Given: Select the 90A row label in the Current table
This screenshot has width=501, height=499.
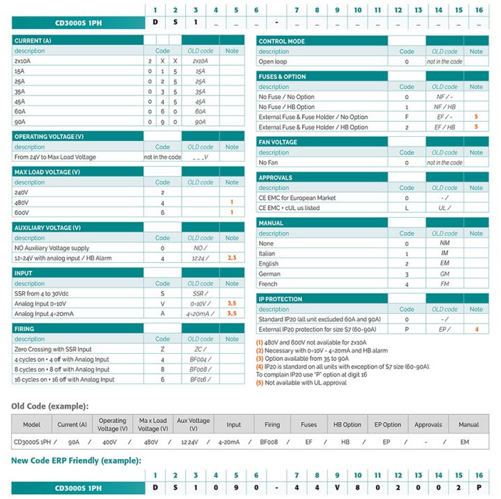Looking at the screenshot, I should (20, 122).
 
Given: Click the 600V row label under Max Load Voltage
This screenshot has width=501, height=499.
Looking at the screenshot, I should (22, 213).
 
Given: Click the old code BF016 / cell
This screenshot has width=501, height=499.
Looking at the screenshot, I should (200, 379).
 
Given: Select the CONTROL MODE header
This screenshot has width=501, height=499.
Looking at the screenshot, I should (281, 41).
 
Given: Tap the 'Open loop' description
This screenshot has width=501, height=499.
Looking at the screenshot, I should (273, 62).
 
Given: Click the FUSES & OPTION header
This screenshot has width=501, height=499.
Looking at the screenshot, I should (282, 77).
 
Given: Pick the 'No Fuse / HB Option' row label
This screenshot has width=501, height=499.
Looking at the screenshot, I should (287, 107).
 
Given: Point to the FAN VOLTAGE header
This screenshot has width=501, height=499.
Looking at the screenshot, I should (278, 142).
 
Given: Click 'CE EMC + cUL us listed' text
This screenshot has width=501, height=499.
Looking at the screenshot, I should (289, 208).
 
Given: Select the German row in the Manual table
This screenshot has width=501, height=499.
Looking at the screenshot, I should (270, 274).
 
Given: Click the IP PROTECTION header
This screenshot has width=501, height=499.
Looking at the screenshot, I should (280, 299).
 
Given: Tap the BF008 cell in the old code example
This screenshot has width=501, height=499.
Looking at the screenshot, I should (269, 441).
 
